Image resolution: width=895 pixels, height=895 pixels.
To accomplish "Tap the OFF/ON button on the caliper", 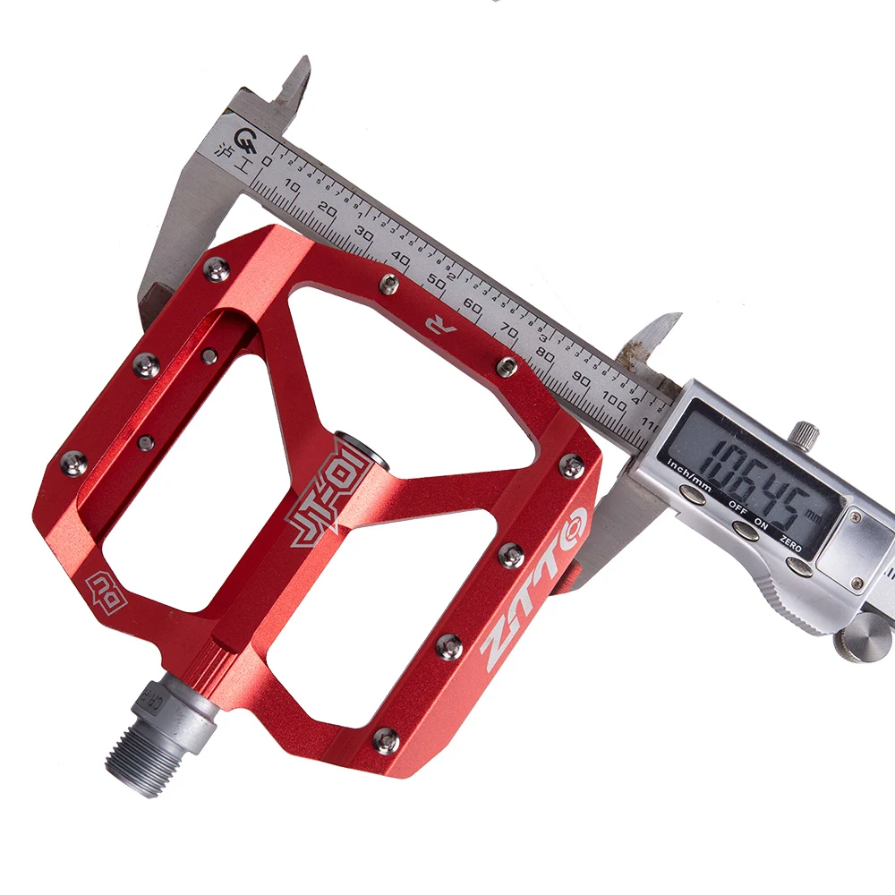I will coord(742,529).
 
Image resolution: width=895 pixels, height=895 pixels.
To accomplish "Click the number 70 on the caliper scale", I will coord(508,328).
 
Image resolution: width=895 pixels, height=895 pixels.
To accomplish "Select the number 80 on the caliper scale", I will coord(543,352).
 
